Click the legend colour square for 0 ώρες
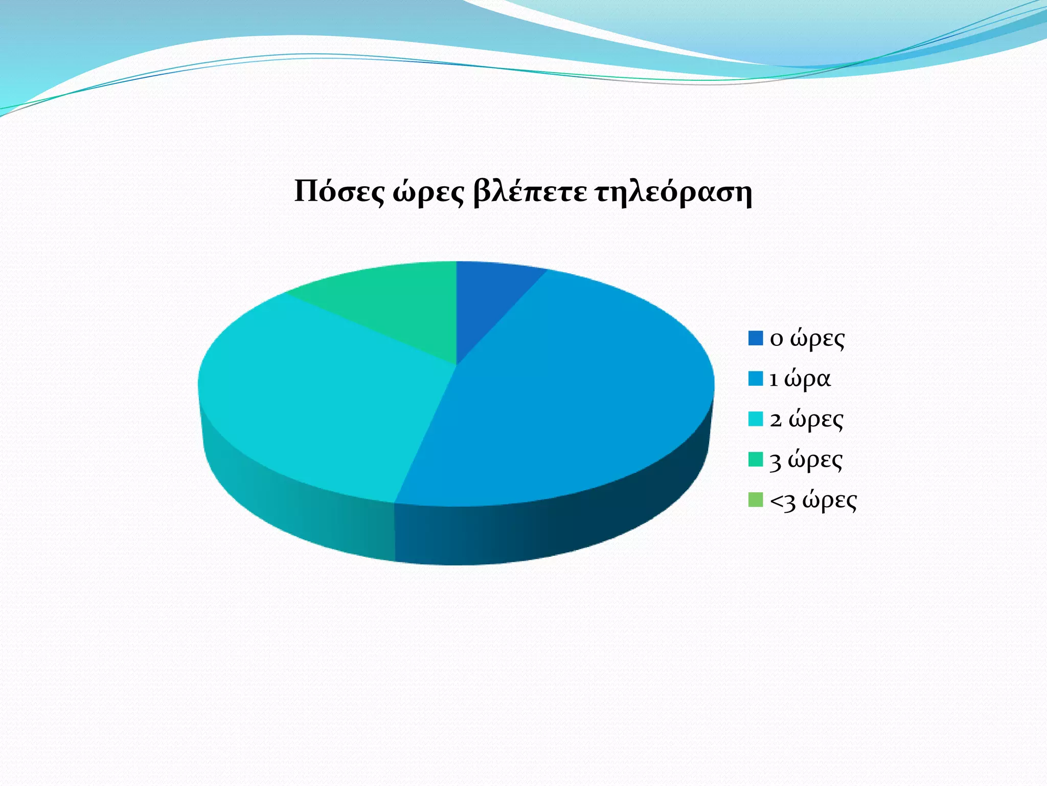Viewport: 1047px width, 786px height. (x=755, y=338)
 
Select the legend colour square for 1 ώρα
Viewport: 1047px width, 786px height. (x=755, y=379)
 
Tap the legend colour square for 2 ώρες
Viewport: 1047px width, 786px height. (x=755, y=419)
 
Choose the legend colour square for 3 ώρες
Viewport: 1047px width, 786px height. (x=755, y=460)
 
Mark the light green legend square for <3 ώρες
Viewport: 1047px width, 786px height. (x=755, y=500)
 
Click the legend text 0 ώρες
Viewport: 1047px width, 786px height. (x=807, y=339)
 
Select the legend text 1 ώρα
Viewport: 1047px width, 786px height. (x=800, y=379)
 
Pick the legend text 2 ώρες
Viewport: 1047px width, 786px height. (x=806, y=420)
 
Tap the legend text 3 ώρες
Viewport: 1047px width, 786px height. (x=806, y=460)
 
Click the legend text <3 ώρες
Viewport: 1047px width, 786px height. (x=813, y=500)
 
